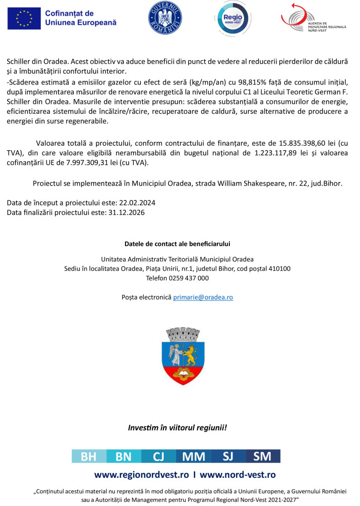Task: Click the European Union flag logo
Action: point(24,19)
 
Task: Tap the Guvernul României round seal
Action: point(165,18)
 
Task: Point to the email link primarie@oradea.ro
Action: point(203,298)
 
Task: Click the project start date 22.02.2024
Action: point(137,203)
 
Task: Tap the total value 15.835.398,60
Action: point(296,143)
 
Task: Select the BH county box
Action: point(89,456)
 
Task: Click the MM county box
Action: point(193,456)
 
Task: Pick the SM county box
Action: point(262,456)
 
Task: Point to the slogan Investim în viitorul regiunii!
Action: point(177,428)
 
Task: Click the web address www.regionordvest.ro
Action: point(141,475)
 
